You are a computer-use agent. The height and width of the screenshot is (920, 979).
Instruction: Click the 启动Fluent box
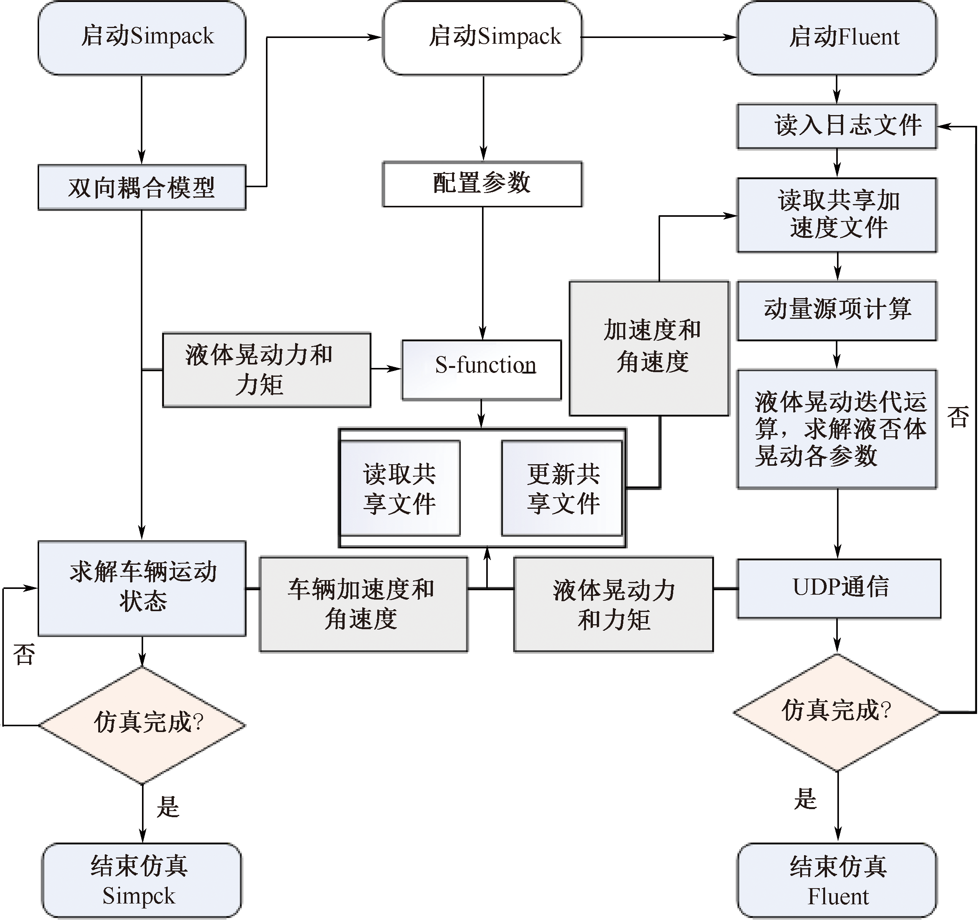tap(837, 38)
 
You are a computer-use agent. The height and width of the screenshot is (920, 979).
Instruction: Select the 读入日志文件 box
tap(837, 126)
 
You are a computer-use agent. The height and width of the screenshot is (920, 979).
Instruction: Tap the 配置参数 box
tap(483, 184)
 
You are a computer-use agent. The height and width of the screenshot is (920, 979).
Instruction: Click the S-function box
tap(482, 370)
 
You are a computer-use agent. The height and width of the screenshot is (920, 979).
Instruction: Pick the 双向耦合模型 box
tap(142, 188)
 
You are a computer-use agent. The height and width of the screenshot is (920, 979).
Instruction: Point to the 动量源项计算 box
tap(837, 311)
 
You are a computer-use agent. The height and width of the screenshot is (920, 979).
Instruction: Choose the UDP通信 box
tap(839, 588)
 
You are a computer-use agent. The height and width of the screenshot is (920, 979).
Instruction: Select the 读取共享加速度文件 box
tap(837, 215)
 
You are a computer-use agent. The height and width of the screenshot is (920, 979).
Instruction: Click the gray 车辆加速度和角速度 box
tap(363, 605)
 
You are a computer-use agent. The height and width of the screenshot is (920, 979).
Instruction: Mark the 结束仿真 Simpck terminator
tap(142, 880)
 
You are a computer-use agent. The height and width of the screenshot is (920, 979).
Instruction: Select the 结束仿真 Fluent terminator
tap(837, 880)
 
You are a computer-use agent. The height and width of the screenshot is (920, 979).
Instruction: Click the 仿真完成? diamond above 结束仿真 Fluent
tap(837, 712)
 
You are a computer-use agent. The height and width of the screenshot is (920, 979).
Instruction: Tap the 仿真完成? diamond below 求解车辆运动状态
tap(142, 725)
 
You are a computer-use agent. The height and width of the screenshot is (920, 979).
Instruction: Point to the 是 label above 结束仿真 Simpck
tap(168, 808)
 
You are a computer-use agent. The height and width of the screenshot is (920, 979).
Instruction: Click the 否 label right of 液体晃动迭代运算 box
tap(958, 416)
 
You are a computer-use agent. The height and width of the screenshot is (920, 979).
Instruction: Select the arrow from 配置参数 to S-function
tap(483, 273)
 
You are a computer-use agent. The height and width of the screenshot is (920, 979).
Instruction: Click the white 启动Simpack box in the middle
tap(483, 38)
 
